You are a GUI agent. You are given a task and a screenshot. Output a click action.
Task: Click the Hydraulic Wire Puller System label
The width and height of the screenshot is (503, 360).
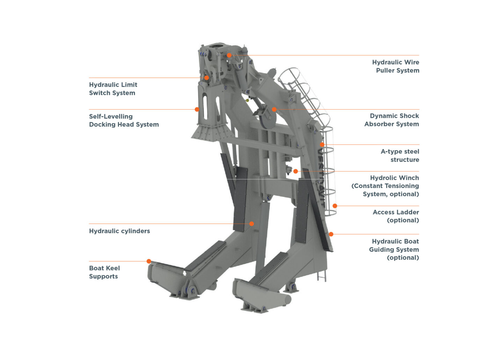tap(395, 66)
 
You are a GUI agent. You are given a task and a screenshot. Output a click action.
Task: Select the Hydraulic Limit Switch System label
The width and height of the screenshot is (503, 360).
tap(113, 89)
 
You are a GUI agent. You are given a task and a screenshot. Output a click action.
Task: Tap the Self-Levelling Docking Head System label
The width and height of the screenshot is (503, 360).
tap(124, 121)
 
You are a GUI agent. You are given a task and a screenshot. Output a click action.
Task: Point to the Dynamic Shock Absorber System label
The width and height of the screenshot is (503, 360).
tap(392, 120)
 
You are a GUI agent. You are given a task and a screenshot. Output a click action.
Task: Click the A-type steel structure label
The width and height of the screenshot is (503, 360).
tap(400, 156)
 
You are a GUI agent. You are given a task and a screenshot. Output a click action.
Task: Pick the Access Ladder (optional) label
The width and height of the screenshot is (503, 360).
tap(396, 216)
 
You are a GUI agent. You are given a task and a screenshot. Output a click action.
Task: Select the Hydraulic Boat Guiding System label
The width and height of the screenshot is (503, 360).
tap(394, 250)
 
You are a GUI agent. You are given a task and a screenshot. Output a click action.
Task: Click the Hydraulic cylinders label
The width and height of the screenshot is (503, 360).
tap(119, 231)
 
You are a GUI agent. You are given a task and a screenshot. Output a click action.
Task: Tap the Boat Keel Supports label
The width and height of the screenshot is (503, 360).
tap(104, 272)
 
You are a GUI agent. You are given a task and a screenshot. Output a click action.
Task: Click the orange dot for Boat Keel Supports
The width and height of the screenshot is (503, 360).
tap(149, 261)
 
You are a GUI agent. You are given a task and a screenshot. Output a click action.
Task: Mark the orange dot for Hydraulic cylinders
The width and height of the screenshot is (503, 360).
tap(251, 224)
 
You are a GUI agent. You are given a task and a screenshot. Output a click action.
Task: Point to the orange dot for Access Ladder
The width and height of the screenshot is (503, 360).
tap(335, 206)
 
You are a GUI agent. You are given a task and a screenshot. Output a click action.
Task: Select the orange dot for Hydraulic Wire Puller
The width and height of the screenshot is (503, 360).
tap(229, 55)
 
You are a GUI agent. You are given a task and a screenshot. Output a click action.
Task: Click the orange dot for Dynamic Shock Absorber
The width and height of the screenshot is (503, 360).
tap(274, 109)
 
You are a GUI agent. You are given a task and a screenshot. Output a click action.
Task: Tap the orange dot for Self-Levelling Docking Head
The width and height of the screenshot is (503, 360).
tap(197, 109)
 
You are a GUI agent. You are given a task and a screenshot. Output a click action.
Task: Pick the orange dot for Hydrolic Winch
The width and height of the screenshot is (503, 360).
tap(296, 171)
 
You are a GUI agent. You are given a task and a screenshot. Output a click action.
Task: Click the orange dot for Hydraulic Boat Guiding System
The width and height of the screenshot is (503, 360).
tap(331, 234)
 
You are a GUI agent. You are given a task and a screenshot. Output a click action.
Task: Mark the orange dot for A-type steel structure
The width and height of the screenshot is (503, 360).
tap(322, 144)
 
